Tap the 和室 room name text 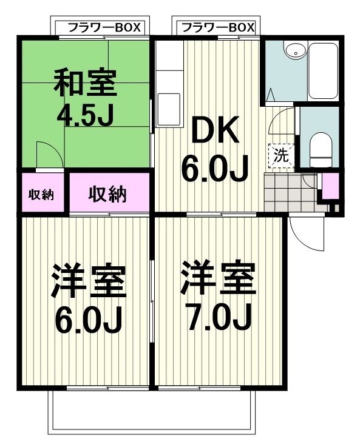tap(86, 84)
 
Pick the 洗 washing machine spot tap(281, 155)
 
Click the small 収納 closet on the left tap(41, 194)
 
